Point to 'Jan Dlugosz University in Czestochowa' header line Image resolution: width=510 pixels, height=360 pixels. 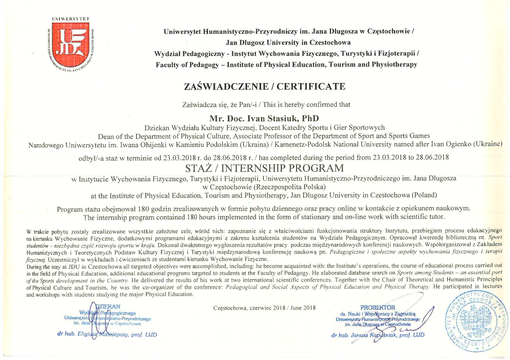tap(288, 43)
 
